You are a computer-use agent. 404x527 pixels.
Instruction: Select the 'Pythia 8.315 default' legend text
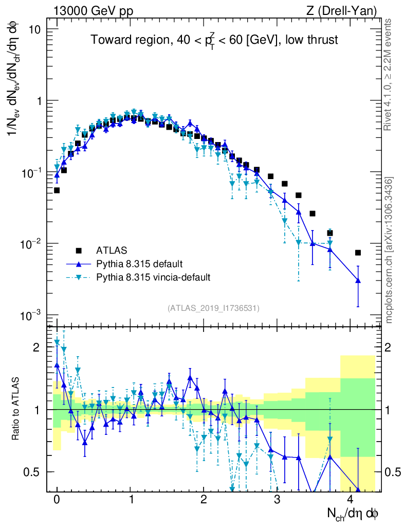139,264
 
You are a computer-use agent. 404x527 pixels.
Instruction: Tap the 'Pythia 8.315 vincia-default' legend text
153,277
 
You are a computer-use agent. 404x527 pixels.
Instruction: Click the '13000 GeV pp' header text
93,10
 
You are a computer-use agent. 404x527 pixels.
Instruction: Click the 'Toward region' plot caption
214,41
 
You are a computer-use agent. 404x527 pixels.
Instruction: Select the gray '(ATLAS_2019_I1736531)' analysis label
213,308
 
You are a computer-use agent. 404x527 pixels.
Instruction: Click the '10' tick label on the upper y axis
34,29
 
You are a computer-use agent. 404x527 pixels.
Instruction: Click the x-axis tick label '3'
277,500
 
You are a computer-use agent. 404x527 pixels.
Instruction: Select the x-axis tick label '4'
351,500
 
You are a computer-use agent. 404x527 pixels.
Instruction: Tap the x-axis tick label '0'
57,500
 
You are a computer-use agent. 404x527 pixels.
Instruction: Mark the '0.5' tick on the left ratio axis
32,472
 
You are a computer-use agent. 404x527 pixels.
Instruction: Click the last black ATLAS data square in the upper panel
358,252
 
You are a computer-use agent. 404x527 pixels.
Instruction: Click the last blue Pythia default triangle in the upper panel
358,280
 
